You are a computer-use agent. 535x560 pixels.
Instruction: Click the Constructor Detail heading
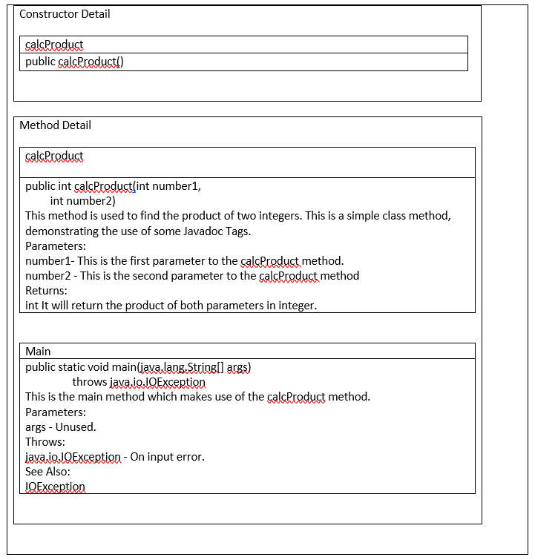pos(65,14)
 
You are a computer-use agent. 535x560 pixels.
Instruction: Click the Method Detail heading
pos(55,125)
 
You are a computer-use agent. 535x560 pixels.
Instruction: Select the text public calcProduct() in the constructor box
pos(74,62)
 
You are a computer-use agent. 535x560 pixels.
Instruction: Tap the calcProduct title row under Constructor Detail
pos(54,45)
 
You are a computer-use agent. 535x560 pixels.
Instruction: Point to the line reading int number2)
pos(82,201)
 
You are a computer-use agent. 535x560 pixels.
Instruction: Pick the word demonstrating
pos(62,231)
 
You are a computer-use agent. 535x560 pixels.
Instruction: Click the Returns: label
pos(46,291)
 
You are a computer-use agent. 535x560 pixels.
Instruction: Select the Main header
pos(38,351)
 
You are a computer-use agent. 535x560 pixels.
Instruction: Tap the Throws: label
pos(45,442)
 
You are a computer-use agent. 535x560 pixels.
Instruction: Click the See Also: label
pos(47,472)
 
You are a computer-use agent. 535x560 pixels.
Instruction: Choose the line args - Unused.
pos(60,426)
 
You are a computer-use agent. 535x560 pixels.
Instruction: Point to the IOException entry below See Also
pos(55,487)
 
